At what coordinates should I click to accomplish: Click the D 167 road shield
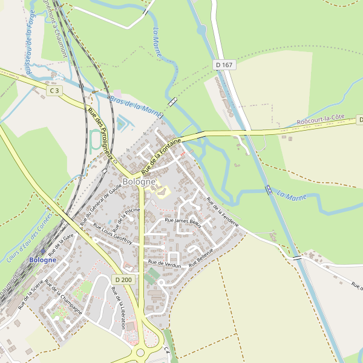(x=224, y=64)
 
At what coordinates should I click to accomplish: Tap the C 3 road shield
(x=55, y=91)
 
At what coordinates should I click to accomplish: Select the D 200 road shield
(x=123, y=280)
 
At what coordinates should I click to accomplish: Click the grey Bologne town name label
(x=139, y=181)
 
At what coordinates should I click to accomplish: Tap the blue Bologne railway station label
(x=42, y=260)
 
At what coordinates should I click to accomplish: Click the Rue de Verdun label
(x=164, y=263)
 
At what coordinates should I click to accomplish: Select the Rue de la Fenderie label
(x=222, y=211)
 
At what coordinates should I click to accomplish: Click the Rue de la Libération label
(x=117, y=307)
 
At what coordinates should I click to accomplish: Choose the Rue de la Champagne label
(x=63, y=298)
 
